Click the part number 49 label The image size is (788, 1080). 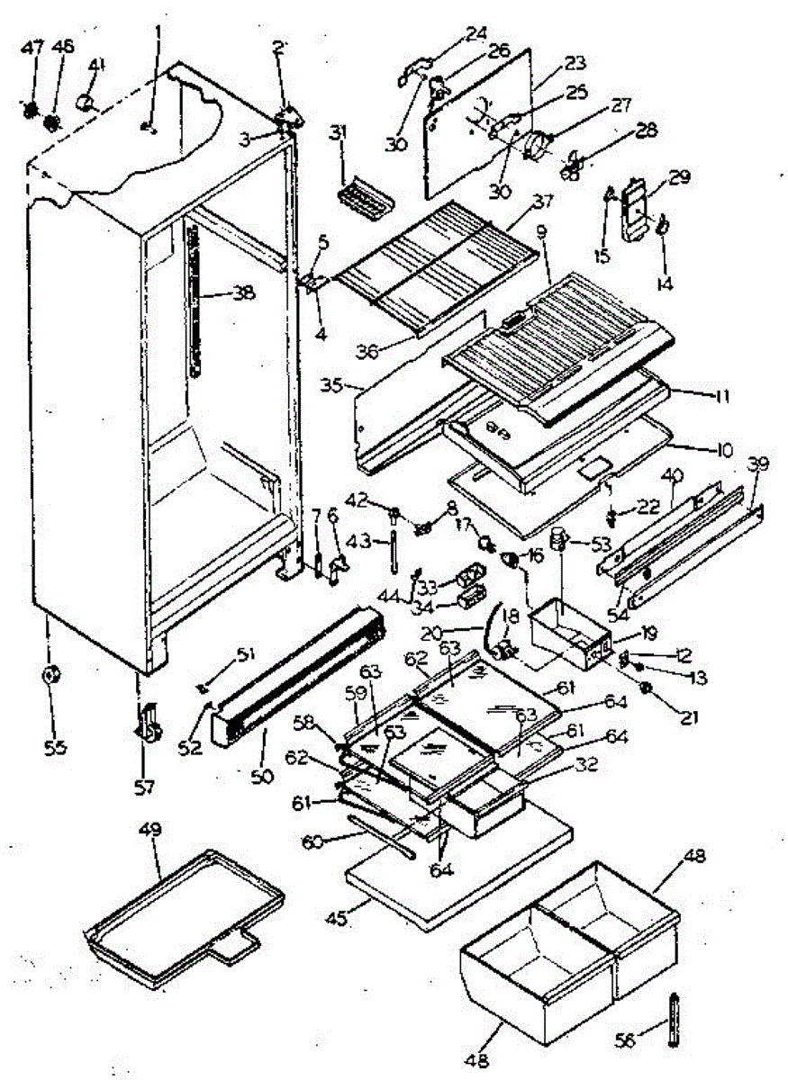149,830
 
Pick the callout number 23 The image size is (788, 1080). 575,63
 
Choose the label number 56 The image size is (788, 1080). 624,1040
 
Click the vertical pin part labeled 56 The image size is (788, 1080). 671,1017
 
